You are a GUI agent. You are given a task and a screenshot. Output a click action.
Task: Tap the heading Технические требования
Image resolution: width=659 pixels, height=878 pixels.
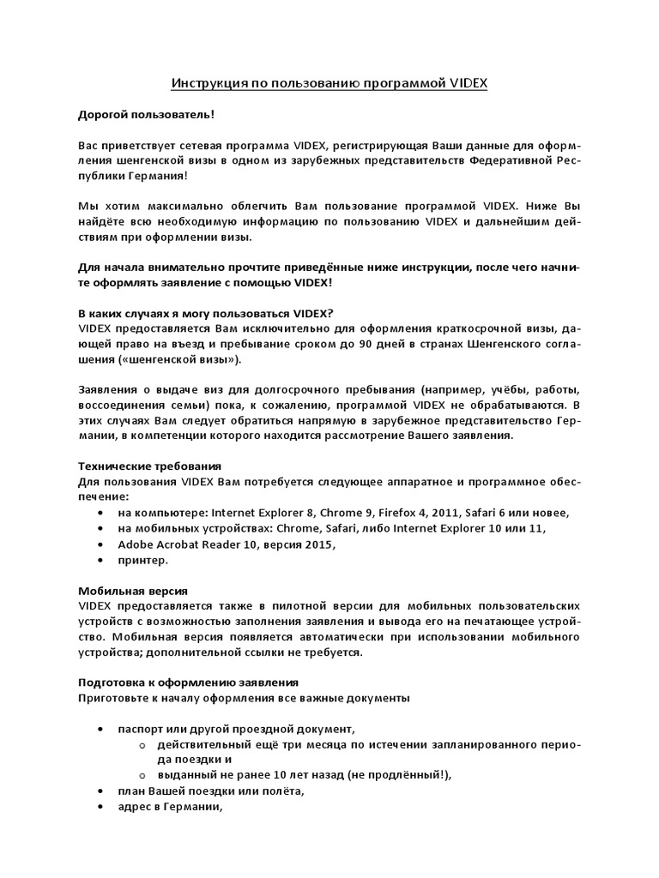coord(149,466)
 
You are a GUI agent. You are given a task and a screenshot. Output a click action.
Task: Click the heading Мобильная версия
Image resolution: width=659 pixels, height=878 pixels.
coord(132,591)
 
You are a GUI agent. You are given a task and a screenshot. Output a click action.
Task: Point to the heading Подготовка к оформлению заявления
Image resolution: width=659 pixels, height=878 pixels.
coord(188,683)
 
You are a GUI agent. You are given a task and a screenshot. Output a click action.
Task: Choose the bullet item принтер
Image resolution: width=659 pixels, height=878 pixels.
coord(143,560)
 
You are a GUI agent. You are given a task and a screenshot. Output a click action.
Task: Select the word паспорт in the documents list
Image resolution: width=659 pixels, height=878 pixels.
coord(142,729)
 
